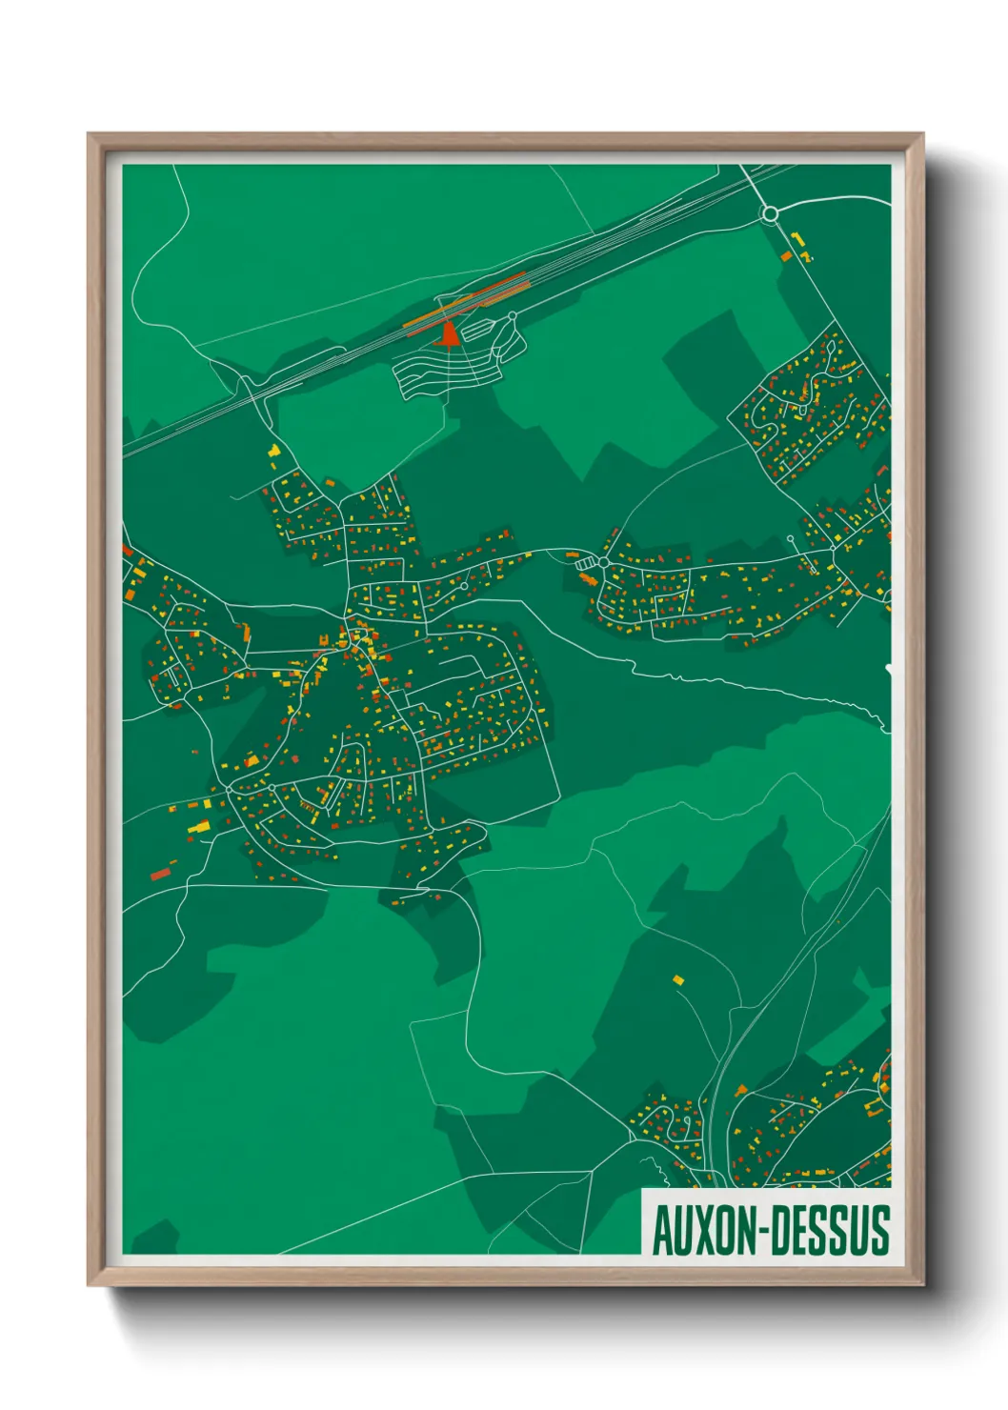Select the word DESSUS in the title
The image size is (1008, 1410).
[830, 1231]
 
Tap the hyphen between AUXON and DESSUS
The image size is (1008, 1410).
[763, 1232]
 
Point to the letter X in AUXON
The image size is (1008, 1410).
[703, 1231]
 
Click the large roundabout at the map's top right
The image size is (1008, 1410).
[770, 214]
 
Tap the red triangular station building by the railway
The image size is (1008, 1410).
[448, 335]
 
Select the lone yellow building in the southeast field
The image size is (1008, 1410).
[678, 978]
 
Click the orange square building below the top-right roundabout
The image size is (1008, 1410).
[787, 256]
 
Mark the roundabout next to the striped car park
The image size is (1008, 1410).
[603, 563]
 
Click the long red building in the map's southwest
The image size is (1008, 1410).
[161, 873]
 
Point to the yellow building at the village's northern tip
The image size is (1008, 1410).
[274, 451]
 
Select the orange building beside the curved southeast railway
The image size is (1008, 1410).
[740, 1089]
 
